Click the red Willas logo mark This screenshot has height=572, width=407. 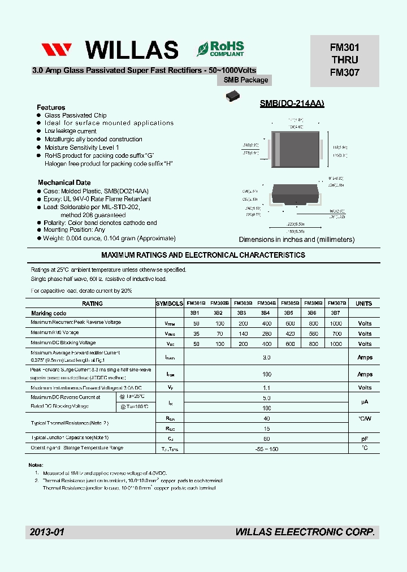click(57, 50)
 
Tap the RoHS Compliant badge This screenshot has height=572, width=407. click(220, 49)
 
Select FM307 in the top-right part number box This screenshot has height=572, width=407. click(345, 72)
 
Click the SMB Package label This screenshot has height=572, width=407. click(246, 80)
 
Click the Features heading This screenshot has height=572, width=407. click(51, 107)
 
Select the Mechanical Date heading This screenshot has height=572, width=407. click(64, 183)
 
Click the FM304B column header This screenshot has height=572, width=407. click(267, 304)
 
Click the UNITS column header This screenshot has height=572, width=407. click(364, 304)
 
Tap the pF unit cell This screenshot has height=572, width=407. click(364, 438)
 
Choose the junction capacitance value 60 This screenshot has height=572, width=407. click(267, 438)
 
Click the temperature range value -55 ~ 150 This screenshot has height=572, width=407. click(267, 448)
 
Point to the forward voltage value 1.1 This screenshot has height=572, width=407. click(267, 388)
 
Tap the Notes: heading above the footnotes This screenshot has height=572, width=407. click(36, 465)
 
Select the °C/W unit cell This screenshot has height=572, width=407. click(364, 418)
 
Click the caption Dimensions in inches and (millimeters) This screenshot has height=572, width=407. click(296, 240)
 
